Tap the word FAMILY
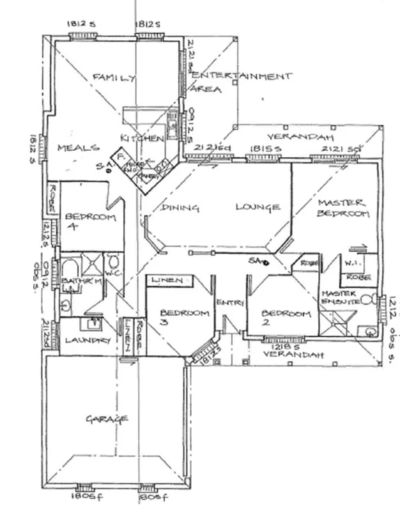click(x=114, y=77)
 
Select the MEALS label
click(x=78, y=148)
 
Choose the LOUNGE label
click(x=258, y=207)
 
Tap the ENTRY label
click(x=227, y=302)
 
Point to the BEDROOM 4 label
click(x=89, y=222)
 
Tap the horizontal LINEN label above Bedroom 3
click(x=168, y=281)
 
